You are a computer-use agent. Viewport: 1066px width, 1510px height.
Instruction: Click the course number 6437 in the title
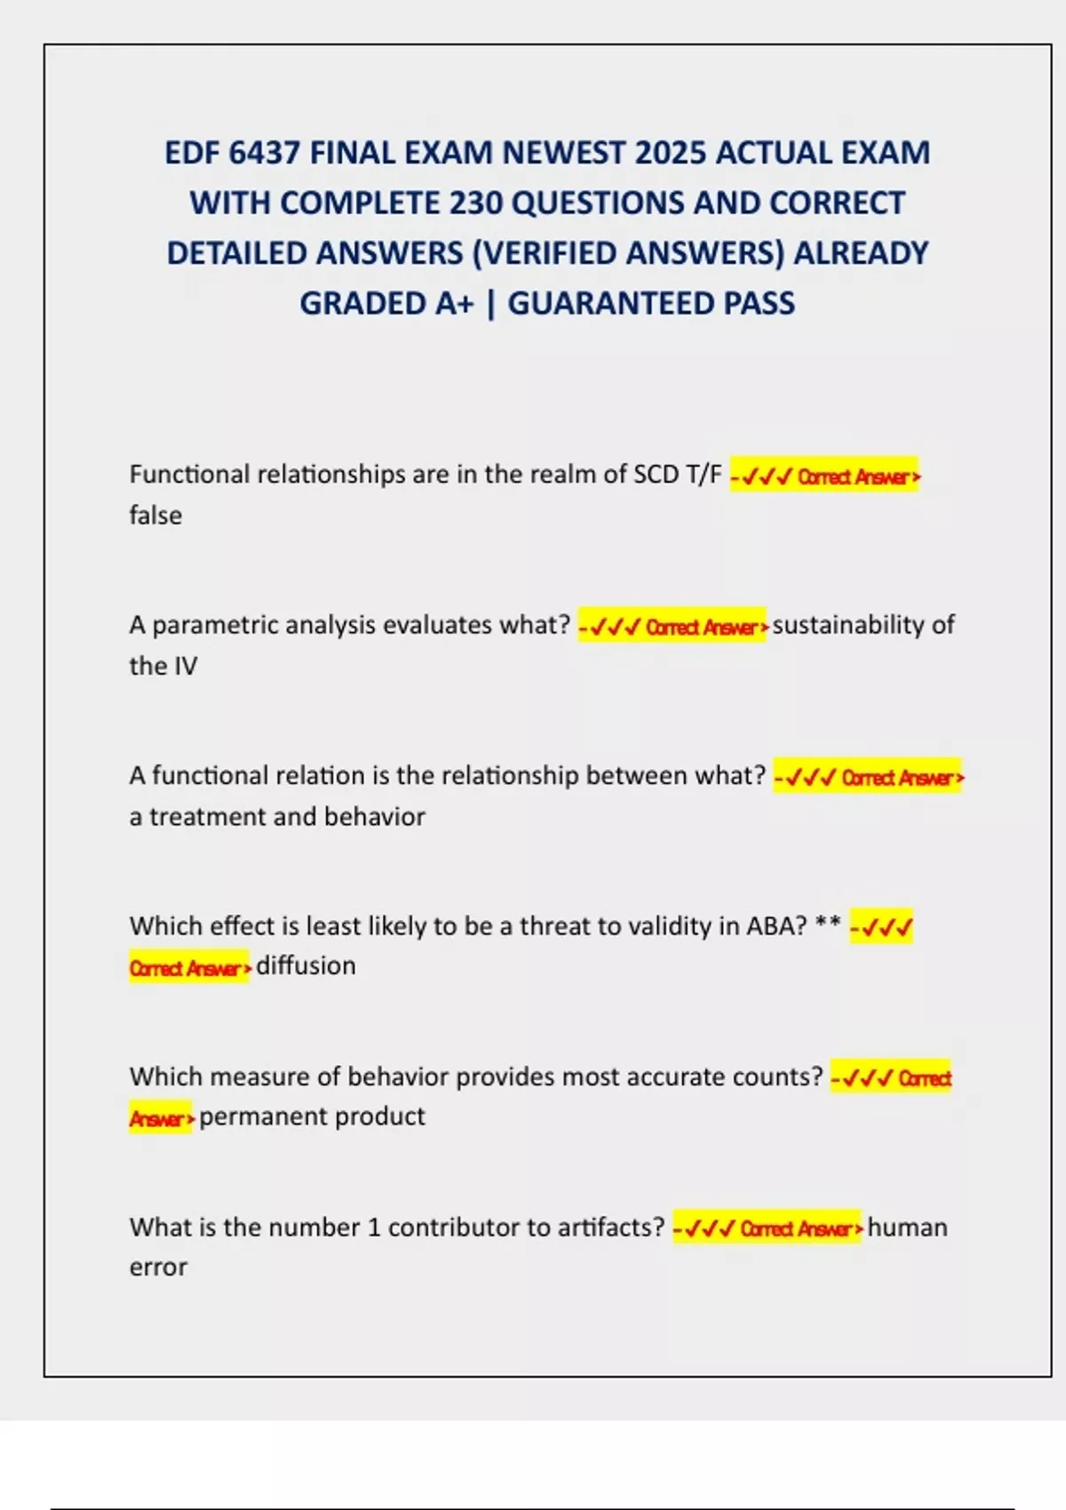(x=264, y=153)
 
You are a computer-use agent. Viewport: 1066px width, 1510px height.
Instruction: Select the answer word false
(x=155, y=515)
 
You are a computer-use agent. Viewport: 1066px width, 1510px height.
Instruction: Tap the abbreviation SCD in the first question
(x=656, y=474)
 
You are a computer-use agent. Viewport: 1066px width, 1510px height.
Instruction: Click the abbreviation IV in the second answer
(x=186, y=666)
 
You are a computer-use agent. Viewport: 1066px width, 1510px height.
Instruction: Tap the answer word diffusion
(x=306, y=966)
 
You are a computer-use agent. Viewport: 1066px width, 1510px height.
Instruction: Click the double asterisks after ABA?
(x=828, y=924)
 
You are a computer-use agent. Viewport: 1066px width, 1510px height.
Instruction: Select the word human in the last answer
(x=907, y=1228)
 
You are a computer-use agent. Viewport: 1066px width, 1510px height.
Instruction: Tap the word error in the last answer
(x=158, y=1268)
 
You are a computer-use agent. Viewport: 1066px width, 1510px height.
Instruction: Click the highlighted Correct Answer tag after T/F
(x=824, y=476)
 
